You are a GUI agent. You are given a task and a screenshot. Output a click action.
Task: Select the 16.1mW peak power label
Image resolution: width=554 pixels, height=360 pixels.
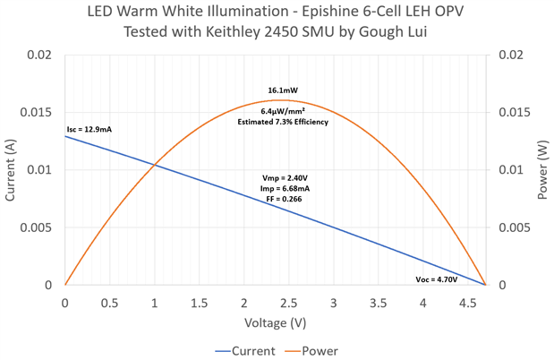283,90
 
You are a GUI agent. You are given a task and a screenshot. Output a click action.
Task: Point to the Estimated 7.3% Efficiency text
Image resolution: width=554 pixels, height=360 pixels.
283,122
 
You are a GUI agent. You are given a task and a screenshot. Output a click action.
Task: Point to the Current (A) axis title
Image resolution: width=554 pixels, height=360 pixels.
12,169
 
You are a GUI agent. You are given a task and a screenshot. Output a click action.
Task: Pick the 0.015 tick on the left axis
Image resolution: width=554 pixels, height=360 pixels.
40,113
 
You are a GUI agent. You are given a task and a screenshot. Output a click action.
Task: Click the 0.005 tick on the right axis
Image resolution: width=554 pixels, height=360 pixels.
510,227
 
